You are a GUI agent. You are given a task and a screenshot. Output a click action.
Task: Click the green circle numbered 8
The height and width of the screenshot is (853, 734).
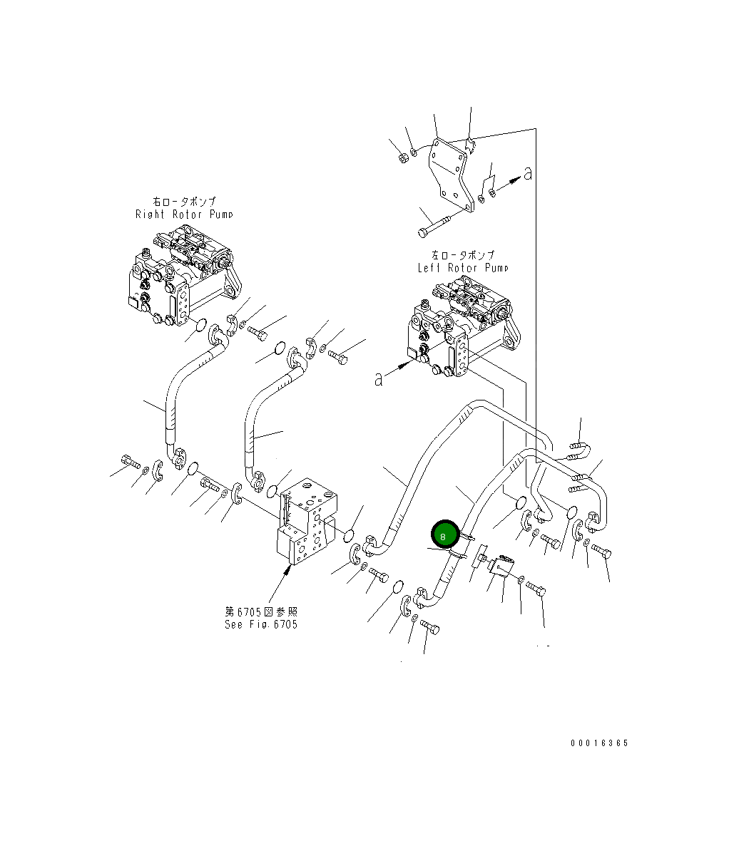tap(445, 534)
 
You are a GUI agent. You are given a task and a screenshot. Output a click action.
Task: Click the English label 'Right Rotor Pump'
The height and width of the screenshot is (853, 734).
tap(184, 214)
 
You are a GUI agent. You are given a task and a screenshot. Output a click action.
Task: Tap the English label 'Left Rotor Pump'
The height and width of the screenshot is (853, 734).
tap(463, 268)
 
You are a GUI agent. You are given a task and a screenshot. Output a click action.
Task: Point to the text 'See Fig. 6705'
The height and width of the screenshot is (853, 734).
tap(261, 624)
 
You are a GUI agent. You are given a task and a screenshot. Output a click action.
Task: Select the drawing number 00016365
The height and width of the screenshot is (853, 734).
tap(599, 743)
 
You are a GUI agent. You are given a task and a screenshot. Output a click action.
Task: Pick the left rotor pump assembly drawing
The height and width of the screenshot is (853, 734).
tap(463, 326)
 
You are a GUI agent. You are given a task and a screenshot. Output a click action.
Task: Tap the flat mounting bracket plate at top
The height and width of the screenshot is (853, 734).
tap(449, 173)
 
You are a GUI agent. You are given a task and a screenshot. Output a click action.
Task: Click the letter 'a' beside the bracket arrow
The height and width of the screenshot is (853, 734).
tap(527, 174)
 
